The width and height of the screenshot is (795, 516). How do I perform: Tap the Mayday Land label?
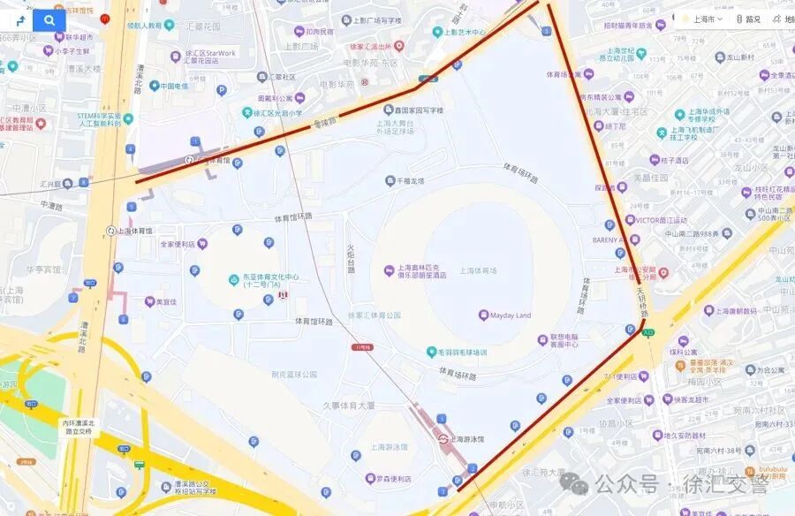click(511, 315)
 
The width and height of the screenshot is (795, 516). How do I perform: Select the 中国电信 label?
click(167, 87)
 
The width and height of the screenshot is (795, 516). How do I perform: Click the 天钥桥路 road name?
click(643, 301)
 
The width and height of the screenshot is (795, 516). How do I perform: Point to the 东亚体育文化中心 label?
click(263, 277)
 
